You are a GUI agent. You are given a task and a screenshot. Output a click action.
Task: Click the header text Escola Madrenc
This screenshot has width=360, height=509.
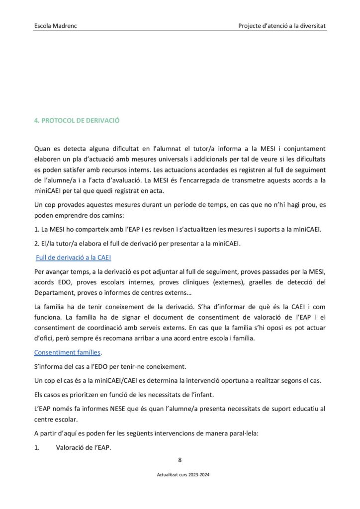pyautogui.click(x=55, y=25)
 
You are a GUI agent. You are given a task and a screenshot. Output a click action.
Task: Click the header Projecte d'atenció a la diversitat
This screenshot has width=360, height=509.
pyautogui.click(x=282, y=25)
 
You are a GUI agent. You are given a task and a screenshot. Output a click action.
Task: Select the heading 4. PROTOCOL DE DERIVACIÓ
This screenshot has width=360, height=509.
pyautogui.click(x=77, y=120)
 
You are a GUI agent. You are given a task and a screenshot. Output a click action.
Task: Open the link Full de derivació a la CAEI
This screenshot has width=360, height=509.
pyautogui.click(x=73, y=257)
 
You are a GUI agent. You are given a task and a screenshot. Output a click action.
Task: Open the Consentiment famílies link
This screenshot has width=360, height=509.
pyautogui.click(x=67, y=352)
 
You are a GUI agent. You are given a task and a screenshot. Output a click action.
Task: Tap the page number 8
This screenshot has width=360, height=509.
pyautogui.click(x=180, y=459)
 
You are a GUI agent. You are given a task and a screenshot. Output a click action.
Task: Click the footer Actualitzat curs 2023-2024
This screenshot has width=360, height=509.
pyautogui.click(x=180, y=475)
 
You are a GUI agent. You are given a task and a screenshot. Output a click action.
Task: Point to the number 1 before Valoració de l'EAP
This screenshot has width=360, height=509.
pyautogui.click(x=36, y=447)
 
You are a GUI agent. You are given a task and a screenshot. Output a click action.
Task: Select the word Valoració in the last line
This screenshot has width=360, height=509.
pyautogui.click(x=72, y=447)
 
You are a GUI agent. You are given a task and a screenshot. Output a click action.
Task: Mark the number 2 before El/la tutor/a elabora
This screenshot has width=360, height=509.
pyautogui.click(x=36, y=244)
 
